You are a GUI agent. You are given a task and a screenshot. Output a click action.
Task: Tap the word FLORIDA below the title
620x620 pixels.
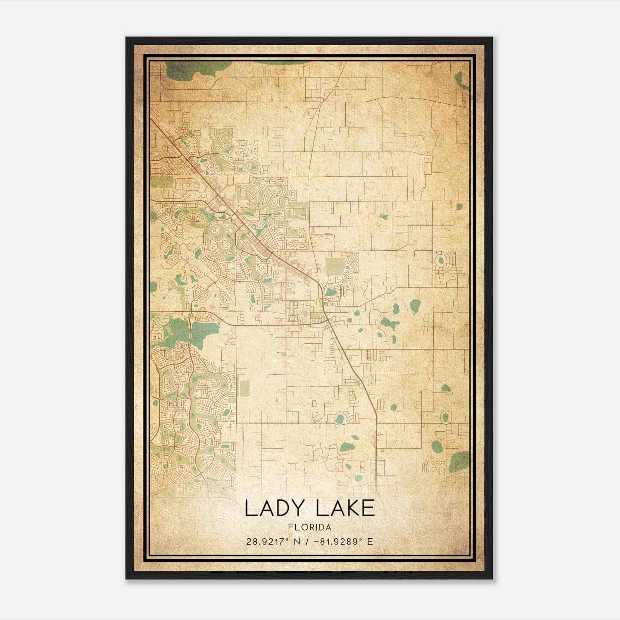click(310, 527)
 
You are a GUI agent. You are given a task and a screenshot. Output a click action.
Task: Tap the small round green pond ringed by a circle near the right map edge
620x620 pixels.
click(460, 206)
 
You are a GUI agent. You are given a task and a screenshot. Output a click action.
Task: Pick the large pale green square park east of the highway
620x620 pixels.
click(335, 266)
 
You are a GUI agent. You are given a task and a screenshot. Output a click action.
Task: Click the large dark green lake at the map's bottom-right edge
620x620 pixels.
click(460, 462)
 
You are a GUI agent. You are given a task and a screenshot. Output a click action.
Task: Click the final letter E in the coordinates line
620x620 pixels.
click(370, 541)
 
